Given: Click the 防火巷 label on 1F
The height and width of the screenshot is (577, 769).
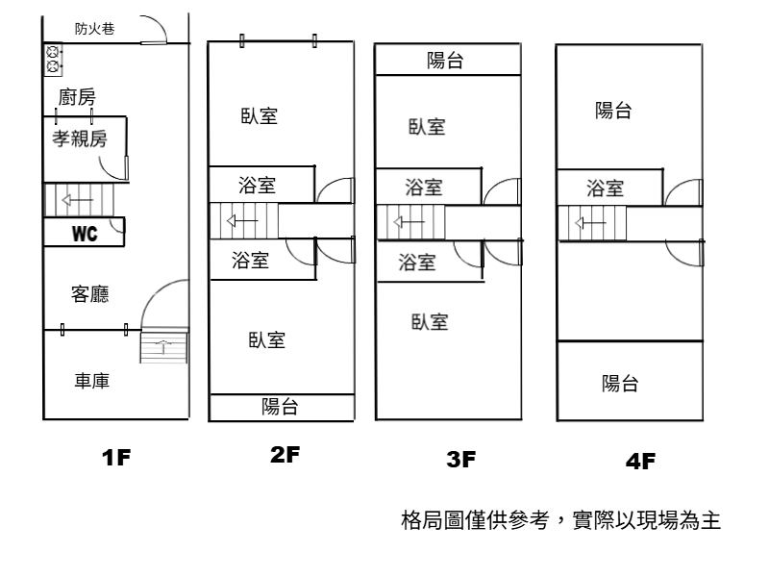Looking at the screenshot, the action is (x=94, y=29).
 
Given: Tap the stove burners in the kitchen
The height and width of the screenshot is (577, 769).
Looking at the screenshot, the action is (x=53, y=59).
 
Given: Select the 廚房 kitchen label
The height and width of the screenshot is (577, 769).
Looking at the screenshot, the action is (x=77, y=97).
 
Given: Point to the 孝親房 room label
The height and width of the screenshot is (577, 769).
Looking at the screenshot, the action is (x=80, y=138).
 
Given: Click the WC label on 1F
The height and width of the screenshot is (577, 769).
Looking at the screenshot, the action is (x=85, y=234).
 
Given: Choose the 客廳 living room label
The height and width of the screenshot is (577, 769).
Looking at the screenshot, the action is (x=89, y=294).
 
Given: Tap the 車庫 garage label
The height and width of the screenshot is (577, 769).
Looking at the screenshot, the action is (x=91, y=381).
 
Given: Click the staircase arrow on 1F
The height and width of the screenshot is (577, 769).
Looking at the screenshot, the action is (x=78, y=200).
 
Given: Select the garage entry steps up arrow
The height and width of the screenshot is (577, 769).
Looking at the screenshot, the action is (x=163, y=346).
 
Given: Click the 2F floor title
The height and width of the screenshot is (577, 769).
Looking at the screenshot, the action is (x=285, y=455).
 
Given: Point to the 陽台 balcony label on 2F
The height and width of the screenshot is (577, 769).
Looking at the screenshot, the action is (x=280, y=407).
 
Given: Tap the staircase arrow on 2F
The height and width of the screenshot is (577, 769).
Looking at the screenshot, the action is (x=242, y=221).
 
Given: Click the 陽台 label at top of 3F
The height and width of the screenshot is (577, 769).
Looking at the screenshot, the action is (x=445, y=61).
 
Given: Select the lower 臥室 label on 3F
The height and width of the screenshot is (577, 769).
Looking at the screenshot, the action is (x=430, y=322).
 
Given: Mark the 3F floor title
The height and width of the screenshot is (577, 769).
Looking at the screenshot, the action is (x=461, y=460).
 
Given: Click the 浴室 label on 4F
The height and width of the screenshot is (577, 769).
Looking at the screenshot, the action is (x=606, y=188).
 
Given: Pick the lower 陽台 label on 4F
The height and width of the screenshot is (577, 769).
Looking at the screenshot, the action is (x=620, y=383).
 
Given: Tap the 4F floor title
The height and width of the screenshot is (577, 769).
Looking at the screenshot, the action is (x=640, y=462).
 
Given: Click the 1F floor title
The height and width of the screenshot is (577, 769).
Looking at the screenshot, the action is (x=116, y=458).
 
